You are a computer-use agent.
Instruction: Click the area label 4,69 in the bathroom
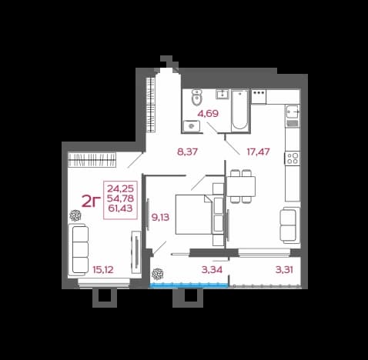[208, 113]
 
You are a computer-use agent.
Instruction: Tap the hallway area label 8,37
[188, 152]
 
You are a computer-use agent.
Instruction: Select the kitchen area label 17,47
[258, 152]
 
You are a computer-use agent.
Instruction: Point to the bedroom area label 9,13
[160, 218]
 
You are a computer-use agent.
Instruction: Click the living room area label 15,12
[103, 270]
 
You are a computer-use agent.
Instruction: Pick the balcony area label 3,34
[212, 270]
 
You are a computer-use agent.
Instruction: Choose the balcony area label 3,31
[284, 270]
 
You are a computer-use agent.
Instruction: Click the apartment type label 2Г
[91, 201]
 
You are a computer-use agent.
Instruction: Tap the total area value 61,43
[120, 208]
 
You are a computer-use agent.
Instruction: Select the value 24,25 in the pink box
[120, 188]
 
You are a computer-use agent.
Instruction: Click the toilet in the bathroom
[196, 98]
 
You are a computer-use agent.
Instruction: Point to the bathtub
[240, 111]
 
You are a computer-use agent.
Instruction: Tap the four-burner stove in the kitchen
[293, 158]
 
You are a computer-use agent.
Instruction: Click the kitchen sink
[293, 112]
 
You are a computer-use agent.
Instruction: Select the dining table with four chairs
[241, 186]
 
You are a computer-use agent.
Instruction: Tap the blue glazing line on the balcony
[189, 285]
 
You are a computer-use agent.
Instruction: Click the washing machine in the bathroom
[192, 126]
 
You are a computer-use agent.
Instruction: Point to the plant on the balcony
[156, 274]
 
